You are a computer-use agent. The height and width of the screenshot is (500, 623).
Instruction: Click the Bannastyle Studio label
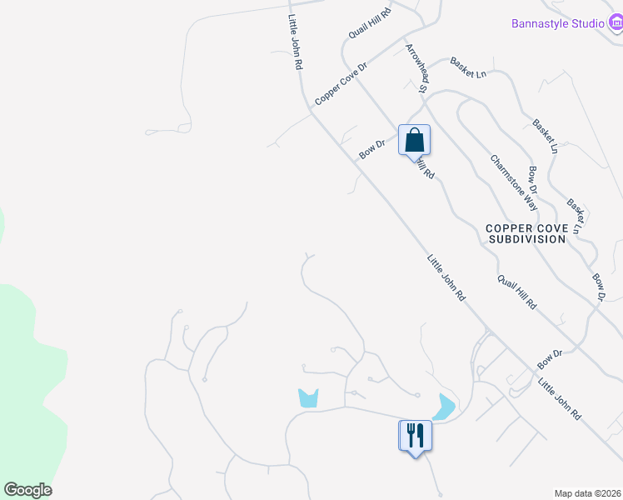click(x=557, y=23)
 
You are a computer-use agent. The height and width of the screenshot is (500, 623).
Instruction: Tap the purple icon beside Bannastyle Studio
click(x=616, y=22)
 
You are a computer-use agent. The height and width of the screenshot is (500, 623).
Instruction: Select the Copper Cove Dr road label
click(x=341, y=83)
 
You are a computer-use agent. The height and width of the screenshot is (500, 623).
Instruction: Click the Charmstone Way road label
click(x=513, y=182)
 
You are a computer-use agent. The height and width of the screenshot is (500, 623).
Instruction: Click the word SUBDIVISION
click(x=527, y=239)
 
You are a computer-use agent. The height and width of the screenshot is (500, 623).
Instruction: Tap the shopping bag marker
click(x=415, y=140)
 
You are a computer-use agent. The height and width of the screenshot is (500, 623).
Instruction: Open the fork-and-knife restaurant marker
click(x=415, y=435)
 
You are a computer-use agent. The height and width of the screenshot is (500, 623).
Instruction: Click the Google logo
click(x=27, y=490)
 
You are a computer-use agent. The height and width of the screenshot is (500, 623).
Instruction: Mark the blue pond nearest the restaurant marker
click(x=443, y=407)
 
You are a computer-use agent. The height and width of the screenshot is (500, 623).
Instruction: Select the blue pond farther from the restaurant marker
click(x=308, y=398)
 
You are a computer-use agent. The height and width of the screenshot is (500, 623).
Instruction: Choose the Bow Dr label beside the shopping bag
click(x=372, y=149)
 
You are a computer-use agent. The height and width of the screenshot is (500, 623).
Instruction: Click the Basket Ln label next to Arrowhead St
click(x=467, y=66)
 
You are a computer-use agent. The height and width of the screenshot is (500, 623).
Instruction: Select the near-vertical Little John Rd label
click(x=295, y=42)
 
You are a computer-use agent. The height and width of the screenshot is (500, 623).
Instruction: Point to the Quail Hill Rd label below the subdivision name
click(x=516, y=293)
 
